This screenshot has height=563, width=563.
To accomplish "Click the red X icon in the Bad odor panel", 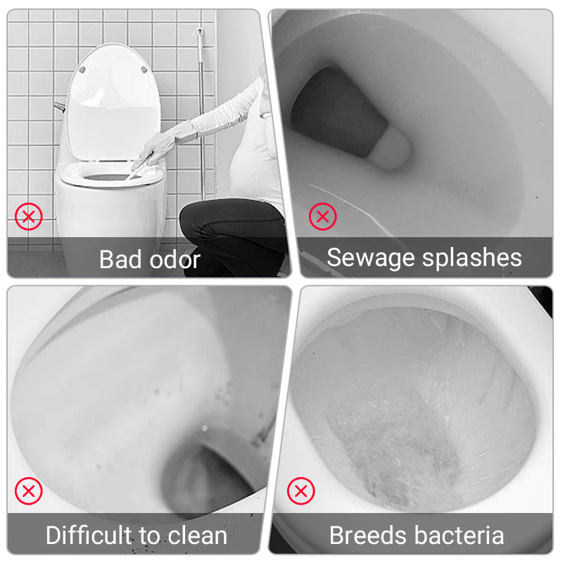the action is pyautogui.click(x=29, y=217).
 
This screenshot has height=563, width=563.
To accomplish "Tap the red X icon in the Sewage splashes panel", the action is pyautogui.click(x=323, y=217).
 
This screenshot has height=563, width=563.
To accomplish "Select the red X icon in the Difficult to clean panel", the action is pyautogui.click(x=29, y=491).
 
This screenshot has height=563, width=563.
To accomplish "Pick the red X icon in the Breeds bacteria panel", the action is pyautogui.click(x=301, y=491).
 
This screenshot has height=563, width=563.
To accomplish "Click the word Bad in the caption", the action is pyautogui.click(x=120, y=259).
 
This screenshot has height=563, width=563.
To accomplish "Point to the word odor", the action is pyautogui.click(x=175, y=259).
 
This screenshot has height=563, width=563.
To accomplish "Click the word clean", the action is pyautogui.click(x=197, y=536).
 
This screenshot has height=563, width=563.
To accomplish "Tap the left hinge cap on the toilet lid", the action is pyautogui.click(x=82, y=70).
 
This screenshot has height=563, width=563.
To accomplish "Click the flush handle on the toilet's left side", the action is pyautogui.click(x=60, y=107).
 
